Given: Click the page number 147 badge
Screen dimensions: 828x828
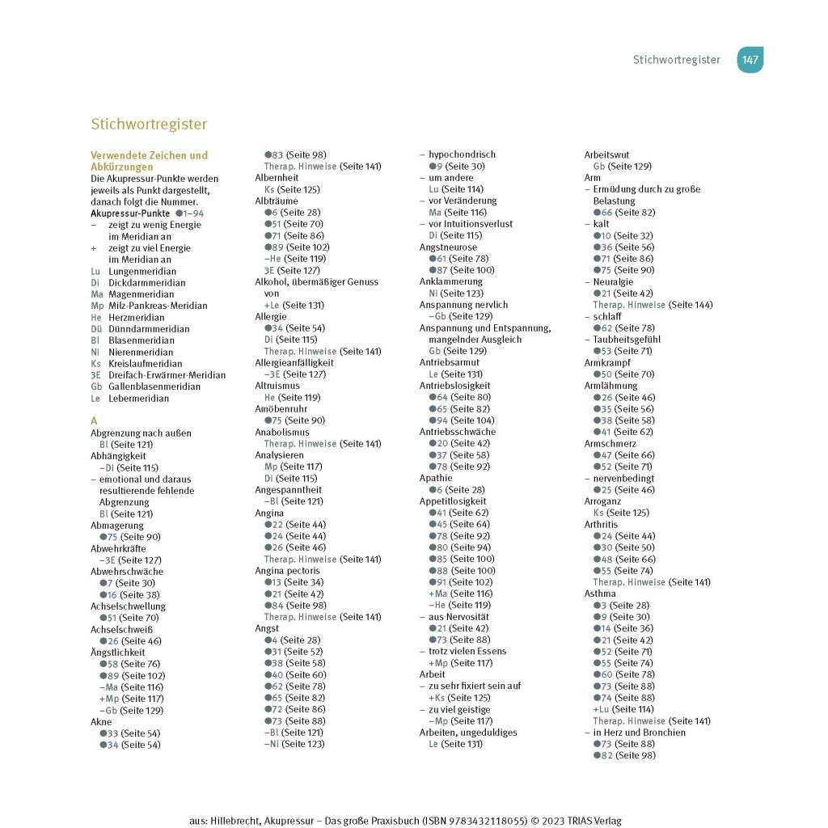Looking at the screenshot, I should pyautogui.click(x=750, y=60).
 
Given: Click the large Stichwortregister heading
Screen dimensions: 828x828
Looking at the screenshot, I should pyautogui.click(x=149, y=125).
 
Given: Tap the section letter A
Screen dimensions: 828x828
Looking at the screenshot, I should pyautogui.click(x=94, y=421).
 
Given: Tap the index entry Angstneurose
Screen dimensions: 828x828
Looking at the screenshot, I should pyautogui.click(x=448, y=247).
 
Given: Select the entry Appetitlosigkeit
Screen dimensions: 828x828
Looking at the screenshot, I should pyautogui.click(x=454, y=501).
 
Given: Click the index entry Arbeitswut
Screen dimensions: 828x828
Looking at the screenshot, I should pyautogui.click(x=606, y=154).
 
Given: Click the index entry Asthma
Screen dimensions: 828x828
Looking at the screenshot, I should pyautogui.click(x=600, y=594).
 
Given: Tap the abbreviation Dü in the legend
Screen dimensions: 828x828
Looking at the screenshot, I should pyautogui.click(x=95, y=329).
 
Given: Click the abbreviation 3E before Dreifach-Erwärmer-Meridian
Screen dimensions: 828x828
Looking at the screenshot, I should pyautogui.click(x=95, y=375).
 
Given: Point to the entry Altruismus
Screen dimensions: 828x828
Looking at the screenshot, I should pyautogui.click(x=277, y=386).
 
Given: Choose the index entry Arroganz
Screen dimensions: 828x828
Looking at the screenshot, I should pyautogui.click(x=603, y=501).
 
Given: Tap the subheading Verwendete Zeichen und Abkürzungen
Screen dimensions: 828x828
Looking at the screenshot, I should pyautogui.click(x=149, y=161).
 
